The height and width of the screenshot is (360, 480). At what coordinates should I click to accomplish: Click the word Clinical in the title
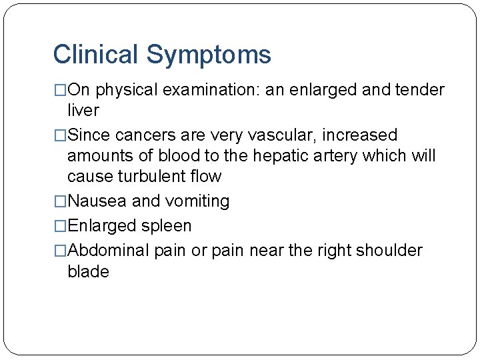tap(95, 54)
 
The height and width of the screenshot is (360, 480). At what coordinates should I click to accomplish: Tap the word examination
tap(219, 91)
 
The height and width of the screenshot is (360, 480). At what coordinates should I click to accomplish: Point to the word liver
tap(83, 110)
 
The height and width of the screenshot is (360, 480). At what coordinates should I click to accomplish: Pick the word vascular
tap(281, 135)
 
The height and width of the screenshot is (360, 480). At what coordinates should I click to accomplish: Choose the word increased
tap(360, 135)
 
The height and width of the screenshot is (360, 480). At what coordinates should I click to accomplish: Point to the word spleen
tap(167, 227)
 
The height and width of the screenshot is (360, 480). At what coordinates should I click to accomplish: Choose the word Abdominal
tap(109, 251)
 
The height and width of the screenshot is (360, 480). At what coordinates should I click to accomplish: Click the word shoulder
tap(389, 251)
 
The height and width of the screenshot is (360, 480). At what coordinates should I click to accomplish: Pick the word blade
tap(88, 271)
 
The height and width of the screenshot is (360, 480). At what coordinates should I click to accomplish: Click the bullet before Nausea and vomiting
tap(61, 201)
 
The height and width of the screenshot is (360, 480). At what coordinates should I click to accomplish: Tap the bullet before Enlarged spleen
tap(61, 227)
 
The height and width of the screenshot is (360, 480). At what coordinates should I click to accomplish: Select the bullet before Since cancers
tap(61, 135)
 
